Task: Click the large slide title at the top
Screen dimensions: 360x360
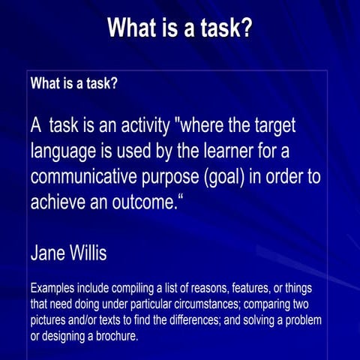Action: [x=180, y=28]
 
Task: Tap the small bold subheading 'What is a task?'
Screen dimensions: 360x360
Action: [x=73, y=83]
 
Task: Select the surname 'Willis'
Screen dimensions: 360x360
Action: [x=89, y=253]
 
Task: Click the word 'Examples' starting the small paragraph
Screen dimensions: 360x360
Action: [x=55, y=289]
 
